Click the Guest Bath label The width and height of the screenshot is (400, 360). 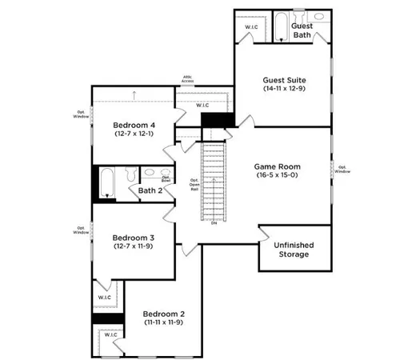coord(301,30)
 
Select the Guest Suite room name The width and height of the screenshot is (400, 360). coord(285,80)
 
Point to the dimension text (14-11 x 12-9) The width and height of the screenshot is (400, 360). coord(285,90)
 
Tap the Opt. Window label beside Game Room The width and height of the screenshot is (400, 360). coord(342,168)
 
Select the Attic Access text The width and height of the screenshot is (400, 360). coord(187,80)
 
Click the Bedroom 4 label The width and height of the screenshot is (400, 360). coord(134,125)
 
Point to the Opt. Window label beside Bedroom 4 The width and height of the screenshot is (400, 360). coord(81,114)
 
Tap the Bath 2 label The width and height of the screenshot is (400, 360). coord(150,190)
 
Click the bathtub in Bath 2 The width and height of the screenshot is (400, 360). coord(108,183)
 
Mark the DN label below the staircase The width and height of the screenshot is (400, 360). coord(214,222)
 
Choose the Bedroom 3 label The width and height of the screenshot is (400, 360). coord(133,238)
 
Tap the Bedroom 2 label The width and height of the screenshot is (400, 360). coord(165,314)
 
